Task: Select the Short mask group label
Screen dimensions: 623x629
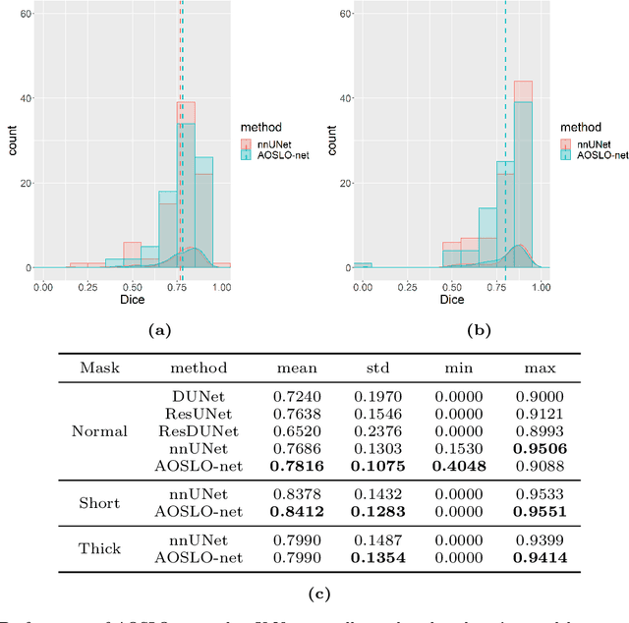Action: coord(99,503)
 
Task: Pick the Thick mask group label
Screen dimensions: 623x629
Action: coord(99,548)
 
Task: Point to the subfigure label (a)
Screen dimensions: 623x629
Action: coord(157,331)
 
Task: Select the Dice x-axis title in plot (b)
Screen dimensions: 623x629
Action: coord(451,299)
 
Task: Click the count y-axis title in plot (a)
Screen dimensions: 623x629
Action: coord(12,141)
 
